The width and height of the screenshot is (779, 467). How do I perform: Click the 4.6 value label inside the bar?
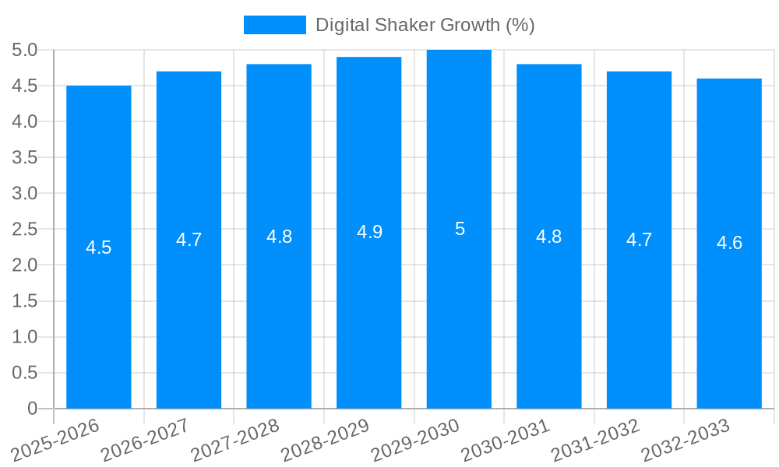tap(729, 243)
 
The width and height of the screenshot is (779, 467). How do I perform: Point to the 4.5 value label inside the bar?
tap(99, 248)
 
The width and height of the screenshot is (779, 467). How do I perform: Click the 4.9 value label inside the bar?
tap(369, 232)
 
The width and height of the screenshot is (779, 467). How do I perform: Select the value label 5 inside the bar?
tap(460, 229)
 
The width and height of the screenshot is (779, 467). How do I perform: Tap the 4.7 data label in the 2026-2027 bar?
tap(189, 240)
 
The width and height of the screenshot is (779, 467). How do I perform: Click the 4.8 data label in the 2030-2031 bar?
tap(549, 237)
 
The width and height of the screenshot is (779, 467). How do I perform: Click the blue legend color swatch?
tap(275, 25)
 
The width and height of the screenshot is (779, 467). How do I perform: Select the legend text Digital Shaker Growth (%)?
tap(425, 25)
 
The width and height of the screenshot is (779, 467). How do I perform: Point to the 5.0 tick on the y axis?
tap(24, 50)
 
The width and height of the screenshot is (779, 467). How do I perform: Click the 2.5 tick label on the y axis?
tap(24, 229)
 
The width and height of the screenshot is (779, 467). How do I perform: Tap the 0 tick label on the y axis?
tap(32, 409)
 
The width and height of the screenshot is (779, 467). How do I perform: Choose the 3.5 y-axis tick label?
tap(24, 157)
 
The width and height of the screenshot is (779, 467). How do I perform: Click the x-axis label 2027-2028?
tap(235, 440)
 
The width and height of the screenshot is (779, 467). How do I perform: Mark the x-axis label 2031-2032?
tap(596, 440)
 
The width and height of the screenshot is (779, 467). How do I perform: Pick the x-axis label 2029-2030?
tap(416, 440)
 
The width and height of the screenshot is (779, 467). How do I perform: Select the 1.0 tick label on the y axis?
tap(24, 337)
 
